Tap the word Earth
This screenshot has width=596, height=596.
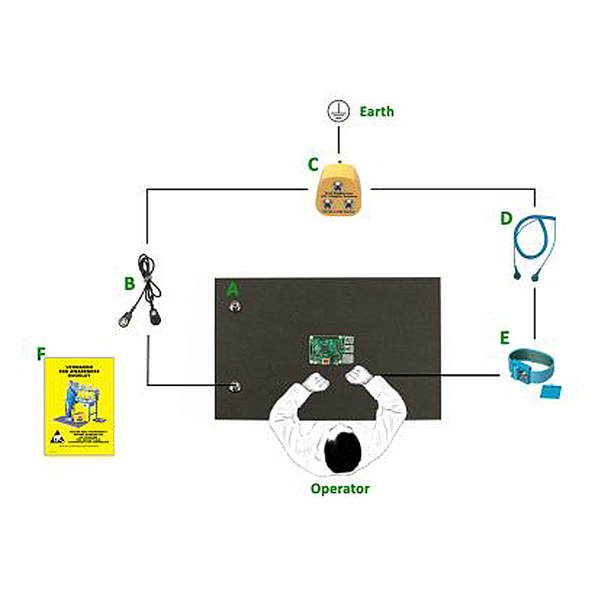tap(376, 112)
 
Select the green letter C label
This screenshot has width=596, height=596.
tap(314, 165)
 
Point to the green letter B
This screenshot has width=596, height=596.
tap(130, 283)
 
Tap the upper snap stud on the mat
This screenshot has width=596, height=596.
tap(235, 306)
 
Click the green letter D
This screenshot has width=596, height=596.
tap(506, 219)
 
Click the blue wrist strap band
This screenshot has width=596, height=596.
tap(532, 364)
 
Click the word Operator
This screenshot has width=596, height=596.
tap(340, 489)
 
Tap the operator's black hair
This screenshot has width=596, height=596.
tap(343, 451)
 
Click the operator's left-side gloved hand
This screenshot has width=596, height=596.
tap(317, 382)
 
